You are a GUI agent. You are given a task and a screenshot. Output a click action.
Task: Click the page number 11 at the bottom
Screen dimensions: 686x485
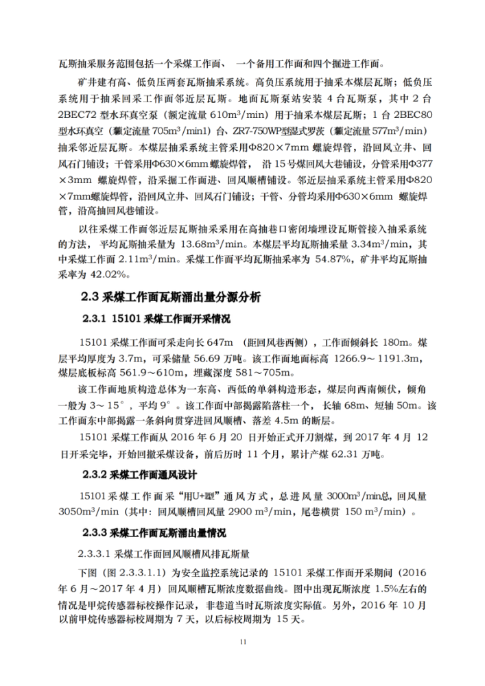point(242,641)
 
